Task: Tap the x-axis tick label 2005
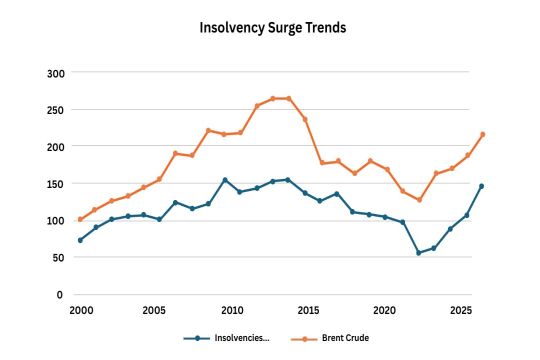[155, 311]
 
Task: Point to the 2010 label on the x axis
[232, 311]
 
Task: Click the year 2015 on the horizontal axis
[308, 311]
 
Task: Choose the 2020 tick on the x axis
[385, 311]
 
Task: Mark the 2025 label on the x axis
[461, 311]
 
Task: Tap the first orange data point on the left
[80, 219]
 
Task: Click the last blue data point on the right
[482, 186]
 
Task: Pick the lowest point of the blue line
[419, 253]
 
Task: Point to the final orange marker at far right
[482, 134]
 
